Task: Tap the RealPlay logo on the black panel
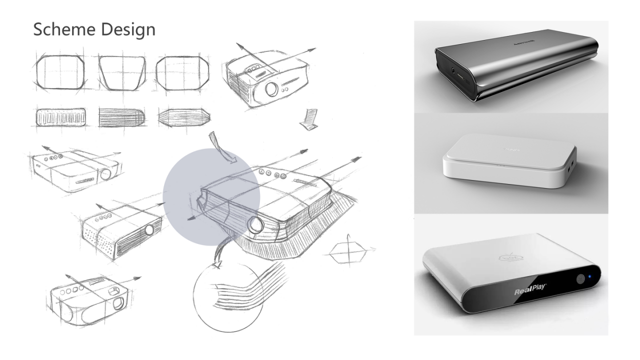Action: pos(530,291)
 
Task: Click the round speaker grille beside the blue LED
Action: pos(581,278)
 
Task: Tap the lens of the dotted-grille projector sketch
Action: pos(149,230)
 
